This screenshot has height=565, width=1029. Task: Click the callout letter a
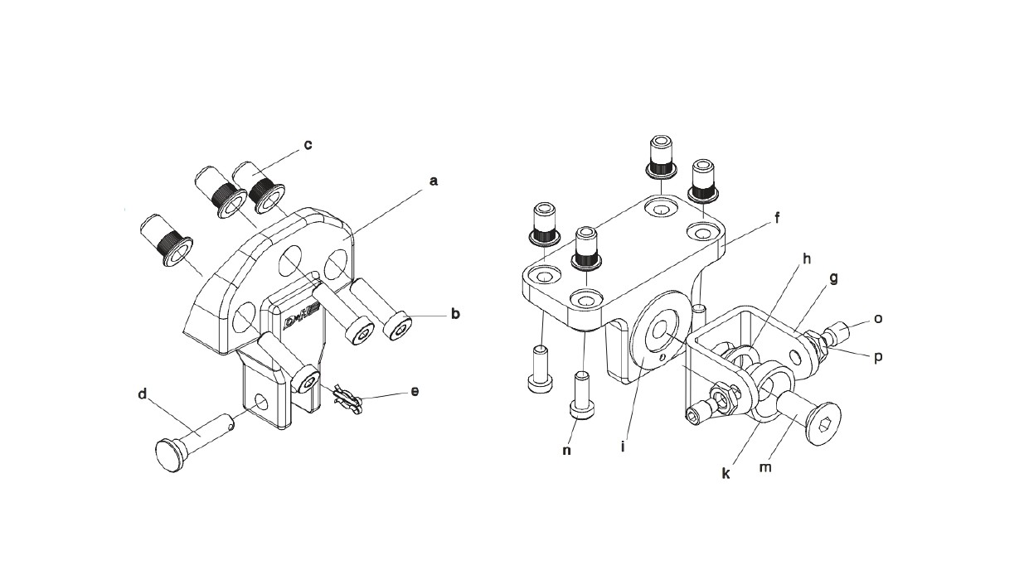[x=433, y=181]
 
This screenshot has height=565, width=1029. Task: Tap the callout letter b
[x=455, y=314]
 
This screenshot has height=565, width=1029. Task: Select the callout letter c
[x=308, y=145]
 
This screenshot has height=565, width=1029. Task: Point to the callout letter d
[x=143, y=394]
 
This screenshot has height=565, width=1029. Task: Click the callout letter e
[x=415, y=392]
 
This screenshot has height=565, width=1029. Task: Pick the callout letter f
[x=777, y=218]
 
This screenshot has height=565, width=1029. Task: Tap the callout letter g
[x=833, y=278]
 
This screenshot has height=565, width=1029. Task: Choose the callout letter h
[x=807, y=259]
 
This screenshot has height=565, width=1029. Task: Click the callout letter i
[x=623, y=447]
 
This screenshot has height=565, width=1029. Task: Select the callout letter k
[x=726, y=474]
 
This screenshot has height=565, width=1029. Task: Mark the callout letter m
[x=764, y=468]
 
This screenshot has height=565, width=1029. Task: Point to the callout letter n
[x=567, y=451]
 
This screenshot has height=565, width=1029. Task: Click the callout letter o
[x=878, y=318]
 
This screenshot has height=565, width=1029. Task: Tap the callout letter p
[x=878, y=357]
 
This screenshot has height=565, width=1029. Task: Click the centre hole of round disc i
[x=661, y=330]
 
